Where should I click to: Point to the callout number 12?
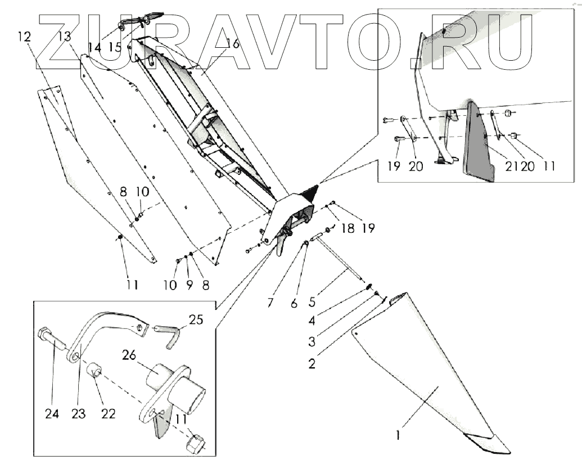click(x=24, y=37)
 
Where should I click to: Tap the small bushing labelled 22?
click(x=95, y=372)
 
